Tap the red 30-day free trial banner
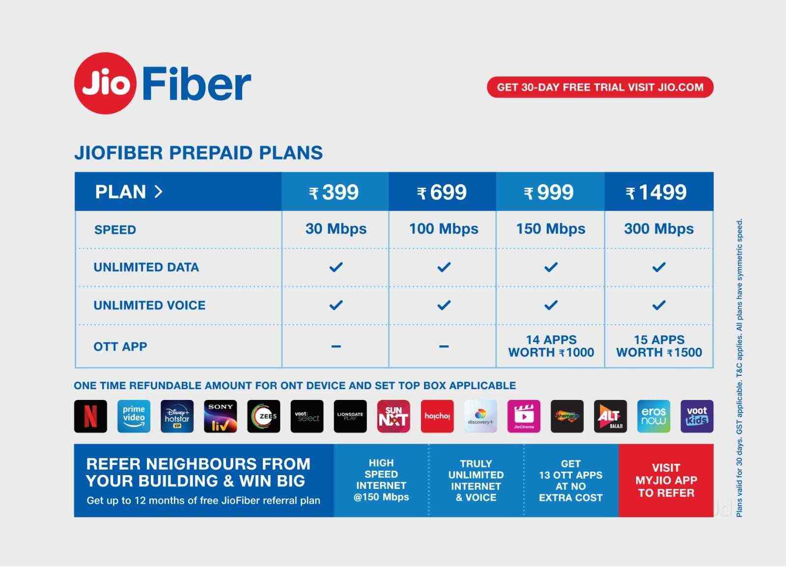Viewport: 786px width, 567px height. pyautogui.click(x=600, y=87)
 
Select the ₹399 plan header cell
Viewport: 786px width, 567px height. pyautogui.click(x=335, y=192)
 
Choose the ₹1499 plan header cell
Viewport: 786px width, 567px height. pyautogui.click(x=658, y=192)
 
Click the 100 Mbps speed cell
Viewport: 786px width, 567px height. pyautogui.click(x=443, y=229)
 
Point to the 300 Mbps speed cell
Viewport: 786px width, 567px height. pyautogui.click(x=658, y=229)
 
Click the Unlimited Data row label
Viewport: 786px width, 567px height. pyautogui.click(x=146, y=267)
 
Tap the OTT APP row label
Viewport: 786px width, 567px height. pyautogui.click(x=120, y=346)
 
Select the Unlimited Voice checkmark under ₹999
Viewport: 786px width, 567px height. pyautogui.click(x=551, y=305)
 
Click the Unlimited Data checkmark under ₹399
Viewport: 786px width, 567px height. pyautogui.click(x=336, y=267)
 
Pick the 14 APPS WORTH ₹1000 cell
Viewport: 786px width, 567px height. pyautogui.click(x=551, y=346)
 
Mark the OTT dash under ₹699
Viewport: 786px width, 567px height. pyautogui.click(x=444, y=346)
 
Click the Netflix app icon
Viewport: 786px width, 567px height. pyautogui.click(x=90, y=416)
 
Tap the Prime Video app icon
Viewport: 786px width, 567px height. pyautogui.click(x=134, y=416)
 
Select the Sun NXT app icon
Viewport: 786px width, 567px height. pyautogui.click(x=393, y=416)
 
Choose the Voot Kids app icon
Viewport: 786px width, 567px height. pyautogui.click(x=697, y=416)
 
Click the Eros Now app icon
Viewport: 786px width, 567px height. pyautogui.click(x=653, y=416)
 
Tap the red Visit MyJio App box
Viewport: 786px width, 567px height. pyautogui.click(x=666, y=480)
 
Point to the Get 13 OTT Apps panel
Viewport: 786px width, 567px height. pyautogui.click(x=570, y=480)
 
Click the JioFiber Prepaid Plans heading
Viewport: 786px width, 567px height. pyautogui.click(x=198, y=153)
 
